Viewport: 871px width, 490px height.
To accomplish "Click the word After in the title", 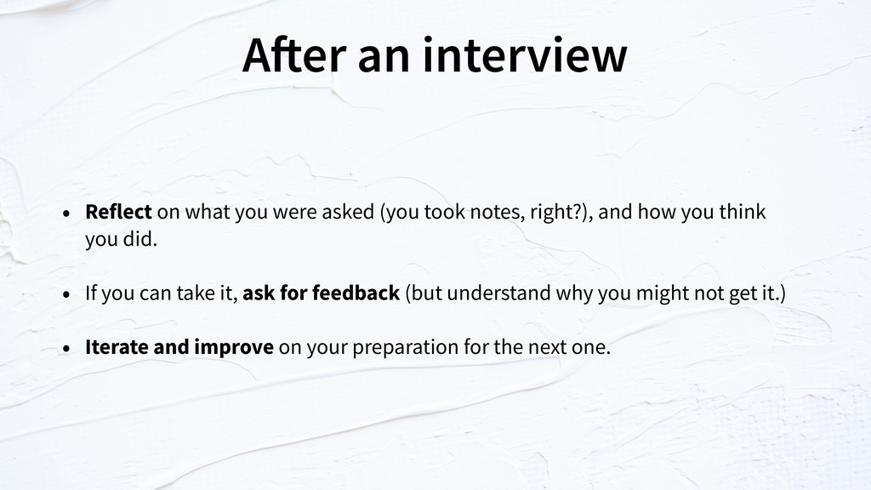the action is [294, 54].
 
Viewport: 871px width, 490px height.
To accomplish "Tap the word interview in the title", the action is [525, 54].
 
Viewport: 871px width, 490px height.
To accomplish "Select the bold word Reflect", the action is [118, 212].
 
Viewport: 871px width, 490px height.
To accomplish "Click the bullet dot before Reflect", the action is [66, 213].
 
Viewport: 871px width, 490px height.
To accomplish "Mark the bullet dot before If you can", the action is [66, 293].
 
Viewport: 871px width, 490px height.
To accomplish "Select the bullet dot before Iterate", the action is [66, 348].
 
